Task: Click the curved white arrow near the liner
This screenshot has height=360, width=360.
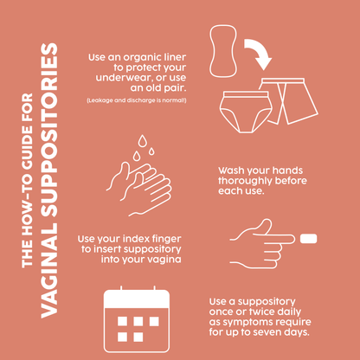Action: [257, 54]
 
